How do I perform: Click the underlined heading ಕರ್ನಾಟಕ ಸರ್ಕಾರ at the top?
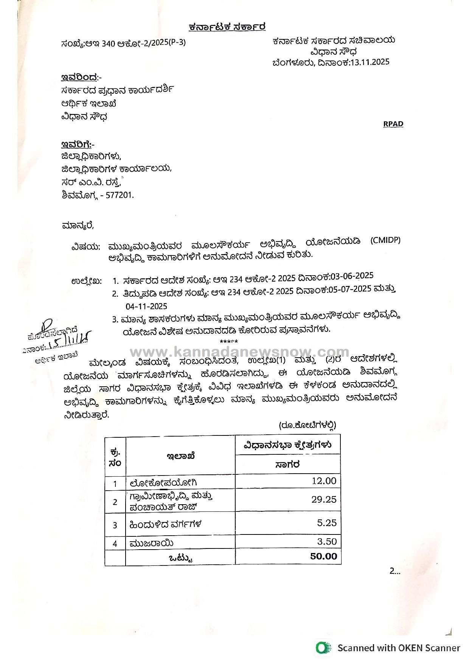[227, 27]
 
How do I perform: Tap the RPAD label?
[393, 124]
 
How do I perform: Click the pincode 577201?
[122, 195]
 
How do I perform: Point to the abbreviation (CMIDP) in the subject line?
[385, 240]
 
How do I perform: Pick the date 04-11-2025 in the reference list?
[146, 306]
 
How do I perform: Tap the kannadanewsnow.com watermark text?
[240, 353]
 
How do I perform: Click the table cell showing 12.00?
[323, 481]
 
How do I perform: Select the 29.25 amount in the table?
[324, 499]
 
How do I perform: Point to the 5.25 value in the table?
[327, 523]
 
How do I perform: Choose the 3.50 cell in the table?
[327, 541]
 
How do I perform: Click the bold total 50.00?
[323, 556]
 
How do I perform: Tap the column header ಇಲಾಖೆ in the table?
[180, 456]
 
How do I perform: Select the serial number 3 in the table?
[115, 525]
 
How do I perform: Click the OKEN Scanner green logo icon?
[323, 648]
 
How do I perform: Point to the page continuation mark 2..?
[394, 571]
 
